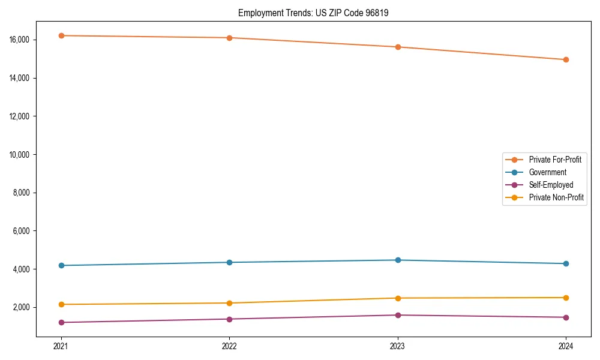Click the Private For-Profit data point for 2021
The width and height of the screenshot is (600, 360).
[x=61, y=35]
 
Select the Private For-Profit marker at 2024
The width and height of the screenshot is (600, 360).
[x=566, y=59]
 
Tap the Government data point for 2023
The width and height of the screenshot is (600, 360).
[x=398, y=260]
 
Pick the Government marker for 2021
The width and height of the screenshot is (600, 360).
[x=61, y=265]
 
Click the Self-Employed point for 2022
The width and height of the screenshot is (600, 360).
[x=229, y=319]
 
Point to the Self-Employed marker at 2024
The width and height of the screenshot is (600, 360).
[x=566, y=317]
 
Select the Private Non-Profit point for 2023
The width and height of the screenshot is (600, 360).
[x=398, y=298]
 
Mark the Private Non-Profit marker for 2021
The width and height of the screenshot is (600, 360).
[x=61, y=304]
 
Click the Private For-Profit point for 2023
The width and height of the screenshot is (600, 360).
[x=398, y=47]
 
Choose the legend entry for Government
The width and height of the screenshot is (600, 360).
[x=547, y=172]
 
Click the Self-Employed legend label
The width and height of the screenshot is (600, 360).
[x=551, y=185]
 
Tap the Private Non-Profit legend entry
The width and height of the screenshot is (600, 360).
[x=556, y=197]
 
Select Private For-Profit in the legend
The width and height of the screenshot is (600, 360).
[x=555, y=160]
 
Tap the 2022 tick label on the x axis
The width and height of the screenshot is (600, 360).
[x=229, y=346]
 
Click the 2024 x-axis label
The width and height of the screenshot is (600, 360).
[x=566, y=346]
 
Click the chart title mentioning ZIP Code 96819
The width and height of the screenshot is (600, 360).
[x=313, y=13]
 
